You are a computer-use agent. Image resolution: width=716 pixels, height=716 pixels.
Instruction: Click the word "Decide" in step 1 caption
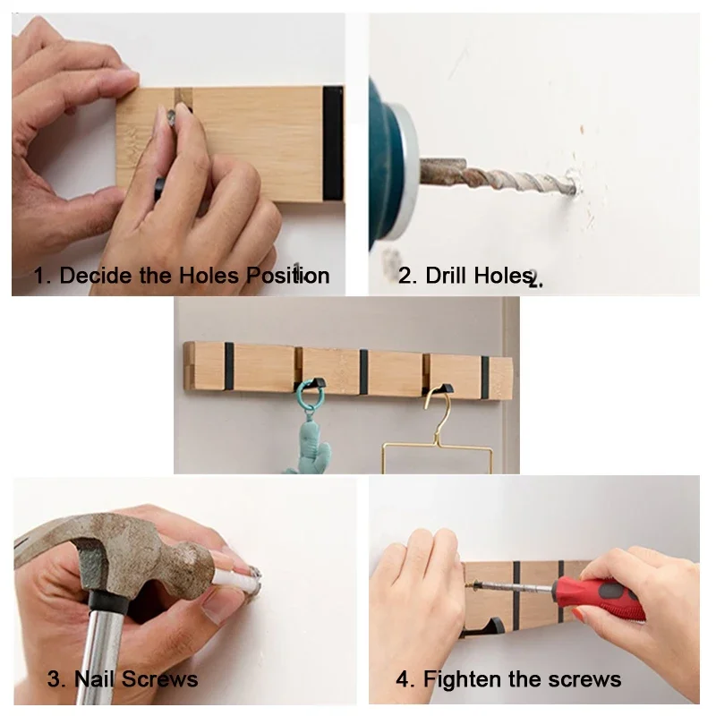[96, 276]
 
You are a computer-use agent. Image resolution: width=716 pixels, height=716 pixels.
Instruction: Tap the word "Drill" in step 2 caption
[447, 276]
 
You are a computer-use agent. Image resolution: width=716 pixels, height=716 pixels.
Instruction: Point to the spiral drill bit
[501, 180]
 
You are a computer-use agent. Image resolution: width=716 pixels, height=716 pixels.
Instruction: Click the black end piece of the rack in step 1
[333, 143]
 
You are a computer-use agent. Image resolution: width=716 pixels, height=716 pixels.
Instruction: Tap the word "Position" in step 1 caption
[287, 276]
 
